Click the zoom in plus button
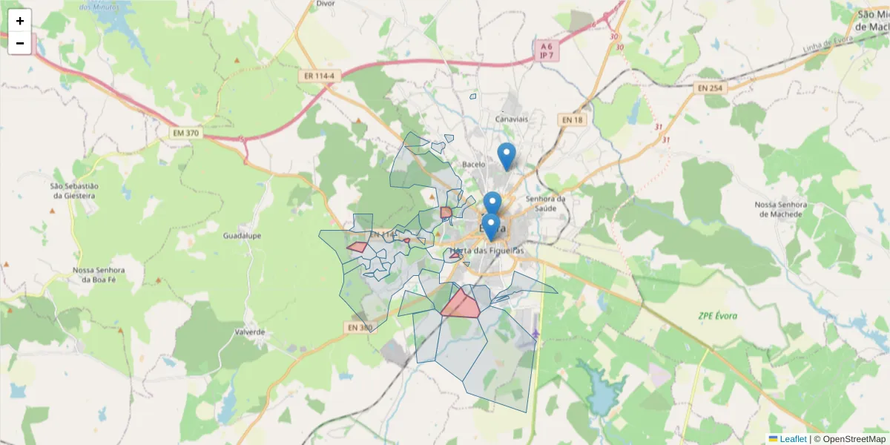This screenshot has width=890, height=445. pos(20,21)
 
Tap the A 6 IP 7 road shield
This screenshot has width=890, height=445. pos(547,50)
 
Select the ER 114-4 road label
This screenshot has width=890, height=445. pos(319,76)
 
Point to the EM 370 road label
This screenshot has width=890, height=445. pos(185,133)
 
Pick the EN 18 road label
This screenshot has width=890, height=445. pos(573,119)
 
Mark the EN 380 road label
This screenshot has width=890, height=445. pos(360,327)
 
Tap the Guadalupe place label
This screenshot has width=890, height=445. pos(242,236)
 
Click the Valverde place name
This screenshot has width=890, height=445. pos(249,332)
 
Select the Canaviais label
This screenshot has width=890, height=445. pos(511,119)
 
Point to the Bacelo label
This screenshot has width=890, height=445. pos(473,165)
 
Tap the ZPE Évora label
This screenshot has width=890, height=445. pos(718,316)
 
